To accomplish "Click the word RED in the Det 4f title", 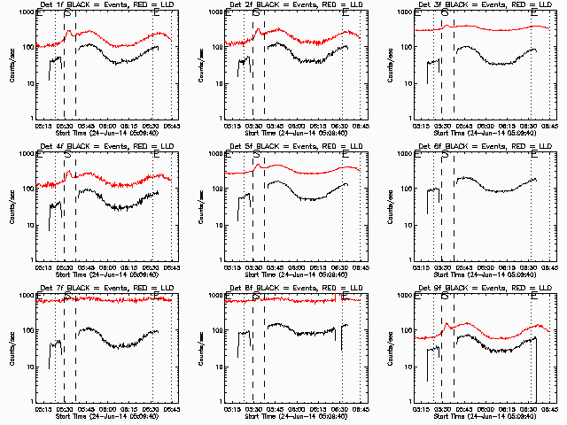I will coord(147,147).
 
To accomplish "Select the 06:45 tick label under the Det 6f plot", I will coord(549,267).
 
